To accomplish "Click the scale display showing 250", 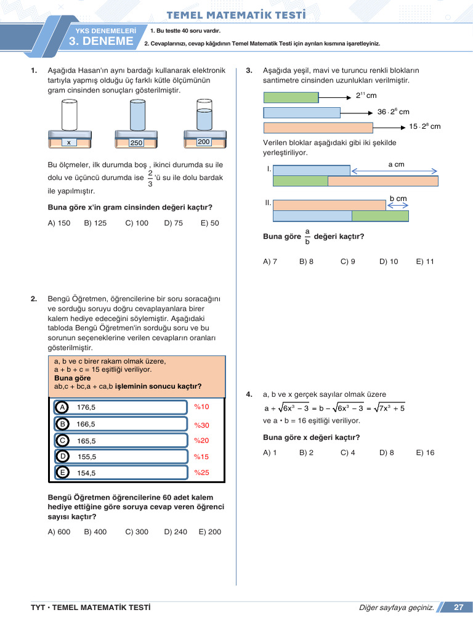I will tap(136, 143).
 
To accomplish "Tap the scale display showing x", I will tap(68, 142).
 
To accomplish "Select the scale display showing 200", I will tap(204, 142).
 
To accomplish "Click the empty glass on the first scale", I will tap(68, 115).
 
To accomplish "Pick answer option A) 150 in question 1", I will tap(59, 223).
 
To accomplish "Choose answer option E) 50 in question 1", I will tap(209, 223).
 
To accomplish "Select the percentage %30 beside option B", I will tap(201, 425).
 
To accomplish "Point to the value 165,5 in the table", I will tap(86, 441).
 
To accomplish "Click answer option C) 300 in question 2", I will tap(137, 532).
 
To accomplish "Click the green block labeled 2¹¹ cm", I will tap(291, 97).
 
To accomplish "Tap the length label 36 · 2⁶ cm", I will tap(393, 112).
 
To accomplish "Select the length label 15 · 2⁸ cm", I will tap(425, 126).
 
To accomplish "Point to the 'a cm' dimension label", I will tap(396, 165).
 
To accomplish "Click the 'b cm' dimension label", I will tap(398, 198).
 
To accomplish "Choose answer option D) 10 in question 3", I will tap(389, 261).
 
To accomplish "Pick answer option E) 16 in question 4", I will tap(425, 452).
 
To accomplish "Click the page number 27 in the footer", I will tap(458, 608).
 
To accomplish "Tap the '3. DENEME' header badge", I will tap(101, 41).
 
